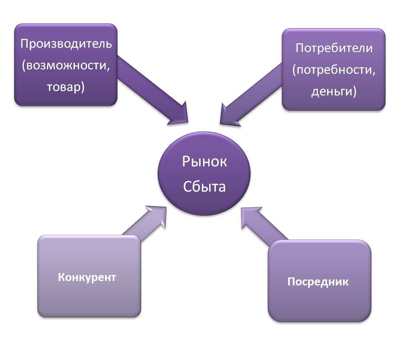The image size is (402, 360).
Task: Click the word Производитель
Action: click(66, 44)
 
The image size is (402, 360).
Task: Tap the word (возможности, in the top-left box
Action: click(66, 66)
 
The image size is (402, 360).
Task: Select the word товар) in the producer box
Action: click(66, 87)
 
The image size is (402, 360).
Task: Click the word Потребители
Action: click(334, 48)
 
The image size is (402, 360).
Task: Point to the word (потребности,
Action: click(334, 70)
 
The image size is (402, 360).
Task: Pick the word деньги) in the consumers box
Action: click(334, 91)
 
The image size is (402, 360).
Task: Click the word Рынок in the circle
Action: click(204, 162)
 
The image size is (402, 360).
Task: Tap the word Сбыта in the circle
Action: click(204, 186)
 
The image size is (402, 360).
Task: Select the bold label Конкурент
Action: click(87, 277)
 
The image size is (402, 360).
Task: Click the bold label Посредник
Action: click(318, 281)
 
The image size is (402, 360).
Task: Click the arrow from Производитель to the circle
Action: click(152, 90)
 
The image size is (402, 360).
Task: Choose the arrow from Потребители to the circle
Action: click(251, 94)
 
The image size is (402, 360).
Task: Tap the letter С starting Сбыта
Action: click(187, 186)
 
